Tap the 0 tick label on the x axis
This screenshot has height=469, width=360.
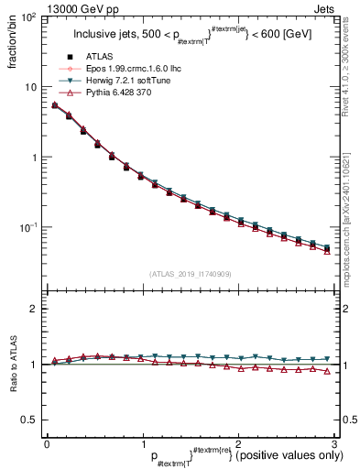tap(47, 443)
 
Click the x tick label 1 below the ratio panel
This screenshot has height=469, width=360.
tap(142, 443)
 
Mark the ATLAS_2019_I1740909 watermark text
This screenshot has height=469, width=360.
tap(190, 273)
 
